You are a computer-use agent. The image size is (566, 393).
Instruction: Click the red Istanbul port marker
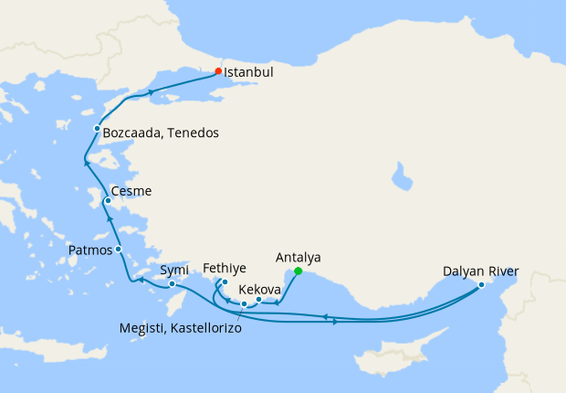coord(218,70)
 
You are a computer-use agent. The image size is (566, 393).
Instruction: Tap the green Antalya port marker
coord(299,271)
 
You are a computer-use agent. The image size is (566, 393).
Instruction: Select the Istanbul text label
coord(249,70)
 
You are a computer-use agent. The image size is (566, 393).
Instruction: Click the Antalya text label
coord(298,258)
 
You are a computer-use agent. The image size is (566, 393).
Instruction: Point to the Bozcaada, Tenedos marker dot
coord(97,129)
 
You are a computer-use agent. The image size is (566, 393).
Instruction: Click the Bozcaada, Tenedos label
coord(161,133)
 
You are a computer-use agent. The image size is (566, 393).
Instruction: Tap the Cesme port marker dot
coord(108,201)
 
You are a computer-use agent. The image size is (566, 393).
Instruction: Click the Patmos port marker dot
coord(118,249)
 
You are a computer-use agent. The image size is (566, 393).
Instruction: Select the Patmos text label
coord(90,250)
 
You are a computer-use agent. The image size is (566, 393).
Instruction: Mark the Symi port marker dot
coord(172,283)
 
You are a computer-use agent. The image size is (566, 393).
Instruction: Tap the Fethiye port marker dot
coord(224,282)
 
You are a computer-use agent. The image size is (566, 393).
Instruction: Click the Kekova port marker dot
coord(258,300)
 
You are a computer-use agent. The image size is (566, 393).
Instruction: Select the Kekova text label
coord(258,288)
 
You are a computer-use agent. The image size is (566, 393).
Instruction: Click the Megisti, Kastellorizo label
coord(181,327)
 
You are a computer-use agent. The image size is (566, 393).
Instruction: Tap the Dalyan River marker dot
coord(481,285)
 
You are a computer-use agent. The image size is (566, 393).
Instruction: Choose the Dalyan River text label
coord(480,271)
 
